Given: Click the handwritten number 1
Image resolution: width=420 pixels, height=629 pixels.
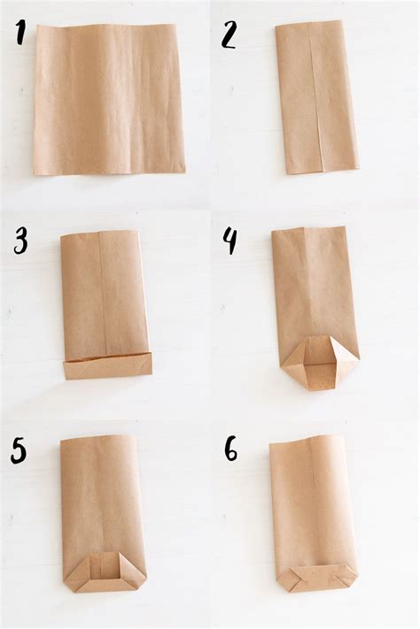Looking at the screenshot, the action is (19, 32).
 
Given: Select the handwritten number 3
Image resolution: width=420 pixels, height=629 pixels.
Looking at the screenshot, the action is (20, 241).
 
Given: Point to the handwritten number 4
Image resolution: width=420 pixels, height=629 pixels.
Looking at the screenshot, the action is (230, 242).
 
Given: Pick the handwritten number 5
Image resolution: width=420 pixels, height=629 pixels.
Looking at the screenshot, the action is (19, 451).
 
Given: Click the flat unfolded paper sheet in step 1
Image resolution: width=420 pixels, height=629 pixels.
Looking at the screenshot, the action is (109, 99).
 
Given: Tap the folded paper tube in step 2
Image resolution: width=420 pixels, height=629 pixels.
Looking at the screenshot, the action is (316, 97).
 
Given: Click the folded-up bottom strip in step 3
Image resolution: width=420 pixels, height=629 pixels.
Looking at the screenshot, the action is (108, 366).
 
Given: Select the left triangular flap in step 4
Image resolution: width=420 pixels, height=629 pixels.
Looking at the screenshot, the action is (292, 354).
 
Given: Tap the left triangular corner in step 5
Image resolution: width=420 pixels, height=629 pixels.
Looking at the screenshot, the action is (76, 569).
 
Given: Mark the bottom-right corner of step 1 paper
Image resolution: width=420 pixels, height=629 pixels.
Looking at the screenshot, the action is (185, 173).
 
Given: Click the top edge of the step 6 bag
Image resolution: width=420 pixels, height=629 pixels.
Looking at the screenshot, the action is (307, 440).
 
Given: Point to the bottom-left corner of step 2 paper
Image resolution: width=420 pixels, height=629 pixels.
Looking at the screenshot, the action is (288, 173).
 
